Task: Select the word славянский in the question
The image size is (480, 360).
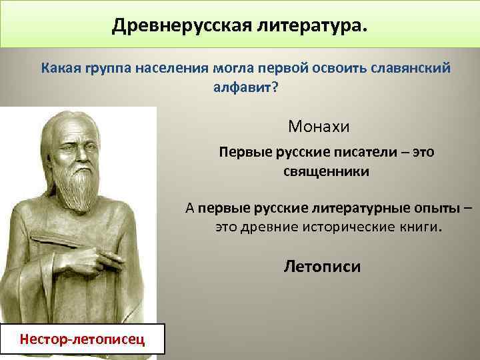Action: (413, 69)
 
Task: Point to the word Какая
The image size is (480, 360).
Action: (62, 69)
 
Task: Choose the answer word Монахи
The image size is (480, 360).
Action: (319, 125)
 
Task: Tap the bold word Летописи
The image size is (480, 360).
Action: (322, 267)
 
